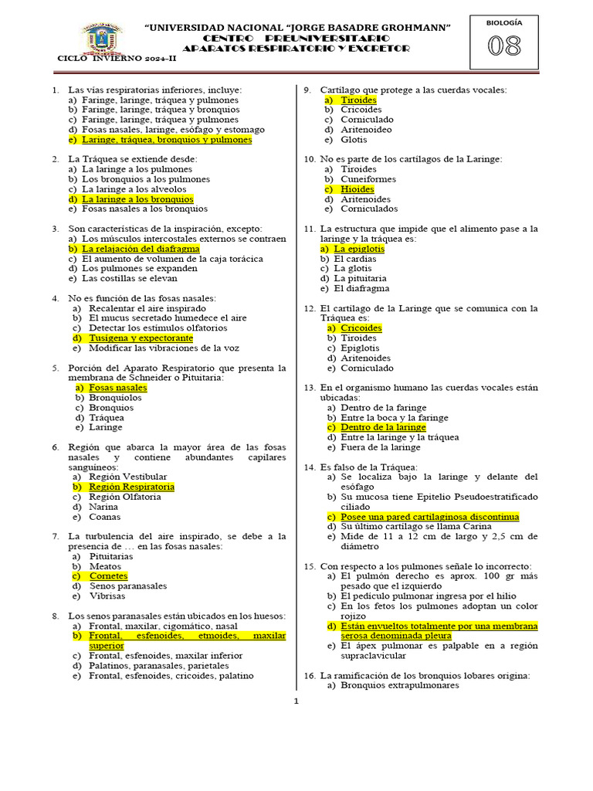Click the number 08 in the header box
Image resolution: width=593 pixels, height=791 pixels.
tap(503, 47)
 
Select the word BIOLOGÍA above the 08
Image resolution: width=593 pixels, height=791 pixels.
tap(503, 22)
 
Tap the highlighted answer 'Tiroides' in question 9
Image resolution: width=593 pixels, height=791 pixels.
tap(358, 100)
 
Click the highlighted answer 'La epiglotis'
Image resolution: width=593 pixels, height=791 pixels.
tap(359, 250)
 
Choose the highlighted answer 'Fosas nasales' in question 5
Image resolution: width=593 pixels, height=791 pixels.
tap(117, 388)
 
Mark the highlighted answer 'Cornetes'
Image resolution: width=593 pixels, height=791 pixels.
tap(108, 576)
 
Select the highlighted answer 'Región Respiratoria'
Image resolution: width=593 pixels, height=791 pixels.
tap(131, 487)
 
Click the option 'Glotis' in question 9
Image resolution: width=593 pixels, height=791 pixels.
tap(354, 140)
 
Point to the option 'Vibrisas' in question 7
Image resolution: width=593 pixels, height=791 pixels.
tap(106, 596)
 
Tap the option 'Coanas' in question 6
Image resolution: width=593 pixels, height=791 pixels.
tap(104, 517)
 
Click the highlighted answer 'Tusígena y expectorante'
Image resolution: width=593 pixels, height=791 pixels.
tap(141, 338)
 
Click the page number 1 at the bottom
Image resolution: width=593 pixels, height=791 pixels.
tap(295, 701)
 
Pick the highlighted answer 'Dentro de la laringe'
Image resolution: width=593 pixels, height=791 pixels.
tap(383, 427)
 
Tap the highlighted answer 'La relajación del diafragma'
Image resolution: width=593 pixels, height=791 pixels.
tap(141, 249)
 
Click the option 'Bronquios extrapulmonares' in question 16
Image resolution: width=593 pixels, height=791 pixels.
tap(399, 685)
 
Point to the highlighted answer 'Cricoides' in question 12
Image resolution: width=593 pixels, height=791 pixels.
tap(361, 328)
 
